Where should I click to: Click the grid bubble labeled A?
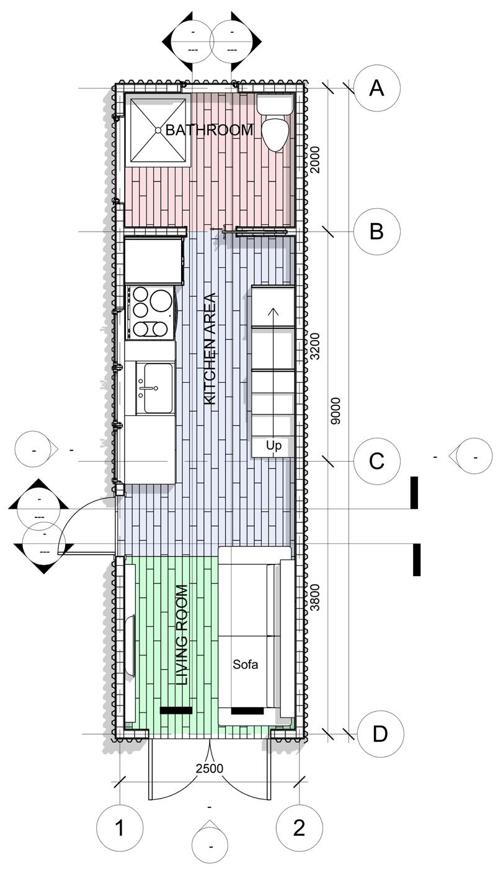pos(376,88)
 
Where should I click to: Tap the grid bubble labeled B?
pos(376,231)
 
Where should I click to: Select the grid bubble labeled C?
pos(376,462)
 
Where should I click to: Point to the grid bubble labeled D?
pos(380,734)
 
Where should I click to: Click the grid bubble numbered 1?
pos(120,828)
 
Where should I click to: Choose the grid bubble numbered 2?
pos(299,828)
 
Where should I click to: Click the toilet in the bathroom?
pos(275,124)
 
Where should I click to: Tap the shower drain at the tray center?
pos(158,131)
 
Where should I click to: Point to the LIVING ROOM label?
pos(181,634)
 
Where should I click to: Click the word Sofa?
pos(245,665)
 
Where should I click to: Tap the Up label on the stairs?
pos(274,445)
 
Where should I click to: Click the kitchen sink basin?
pos(155,388)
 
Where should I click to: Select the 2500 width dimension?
pos(210,769)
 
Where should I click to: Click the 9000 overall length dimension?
pos(336,410)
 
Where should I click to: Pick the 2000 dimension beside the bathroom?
pos(315,159)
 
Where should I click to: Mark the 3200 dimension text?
pos(315,346)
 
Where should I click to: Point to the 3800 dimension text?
pos(315,597)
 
